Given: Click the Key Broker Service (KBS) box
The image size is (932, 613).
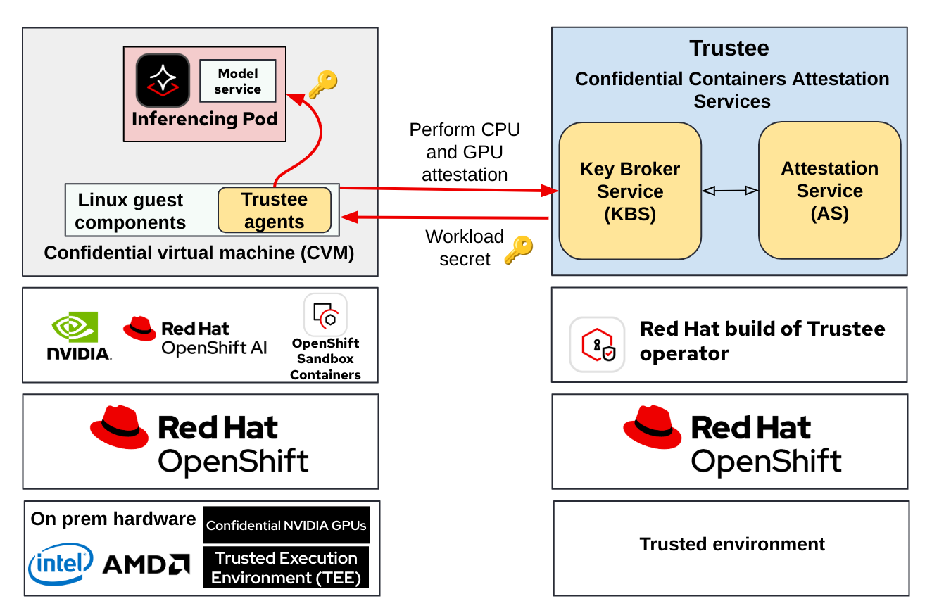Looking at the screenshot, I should click(x=630, y=191).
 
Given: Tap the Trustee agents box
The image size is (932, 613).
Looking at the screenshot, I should click(x=274, y=210).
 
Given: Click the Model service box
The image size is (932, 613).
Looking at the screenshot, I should click(x=237, y=81).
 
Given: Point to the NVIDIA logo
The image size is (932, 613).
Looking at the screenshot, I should click(x=78, y=336).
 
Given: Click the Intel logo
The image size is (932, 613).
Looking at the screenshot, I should click(x=61, y=564).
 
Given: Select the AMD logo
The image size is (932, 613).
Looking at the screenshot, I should click(x=146, y=564).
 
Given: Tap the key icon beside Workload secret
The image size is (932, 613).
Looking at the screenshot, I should click(x=519, y=250).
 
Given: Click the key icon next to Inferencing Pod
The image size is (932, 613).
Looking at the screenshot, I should click(x=323, y=84).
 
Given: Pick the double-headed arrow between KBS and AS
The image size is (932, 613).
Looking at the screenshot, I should click(x=730, y=191).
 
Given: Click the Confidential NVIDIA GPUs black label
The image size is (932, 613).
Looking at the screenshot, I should click(x=286, y=525).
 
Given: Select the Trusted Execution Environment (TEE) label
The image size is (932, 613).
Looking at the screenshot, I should click(x=286, y=567).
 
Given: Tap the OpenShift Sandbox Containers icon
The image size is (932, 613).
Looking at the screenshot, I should click(x=325, y=315).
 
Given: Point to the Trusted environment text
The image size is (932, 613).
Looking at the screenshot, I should click(x=732, y=544).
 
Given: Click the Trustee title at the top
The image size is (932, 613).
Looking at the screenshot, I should click(x=729, y=49).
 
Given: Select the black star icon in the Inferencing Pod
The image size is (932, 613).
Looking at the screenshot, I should click(x=163, y=80).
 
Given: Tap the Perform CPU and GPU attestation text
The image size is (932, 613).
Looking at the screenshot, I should click(x=465, y=152).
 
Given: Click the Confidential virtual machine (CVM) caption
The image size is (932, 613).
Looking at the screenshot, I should click(x=199, y=253).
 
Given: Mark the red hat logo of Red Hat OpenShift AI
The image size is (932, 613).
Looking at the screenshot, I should click(x=139, y=328).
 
